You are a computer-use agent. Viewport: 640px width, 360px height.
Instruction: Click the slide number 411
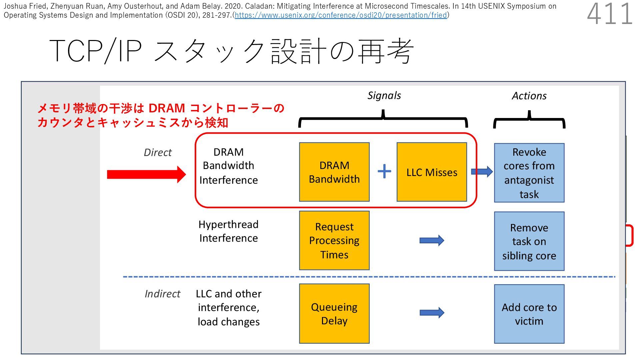pos(610,14)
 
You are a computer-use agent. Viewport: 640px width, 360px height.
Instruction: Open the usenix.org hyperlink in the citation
pos(341,15)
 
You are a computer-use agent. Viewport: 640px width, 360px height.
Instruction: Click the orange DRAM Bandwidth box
pos(334,172)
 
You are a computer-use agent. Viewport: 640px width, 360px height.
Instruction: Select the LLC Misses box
pos(432,172)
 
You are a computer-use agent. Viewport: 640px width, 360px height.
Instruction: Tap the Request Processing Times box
pos(334,240)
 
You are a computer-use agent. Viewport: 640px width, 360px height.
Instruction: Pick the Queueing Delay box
pos(334,313)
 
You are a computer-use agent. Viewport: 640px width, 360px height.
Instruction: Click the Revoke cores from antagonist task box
pos(529,173)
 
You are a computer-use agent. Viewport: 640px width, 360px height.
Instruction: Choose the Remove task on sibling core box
pos(529,241)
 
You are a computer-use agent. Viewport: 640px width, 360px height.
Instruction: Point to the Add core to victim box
pos(529,314)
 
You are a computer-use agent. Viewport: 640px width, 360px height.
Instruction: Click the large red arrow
pos(146,174)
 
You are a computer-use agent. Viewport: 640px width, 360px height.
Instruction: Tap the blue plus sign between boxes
pos(384,171)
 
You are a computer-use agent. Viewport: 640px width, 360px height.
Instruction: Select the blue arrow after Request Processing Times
pos(432,240)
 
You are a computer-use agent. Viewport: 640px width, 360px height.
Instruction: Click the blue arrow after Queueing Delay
pos(432,313)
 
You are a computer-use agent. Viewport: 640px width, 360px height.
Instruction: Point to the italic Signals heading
pos(384,96)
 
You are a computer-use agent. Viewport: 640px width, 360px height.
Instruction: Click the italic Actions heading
pos(529,96)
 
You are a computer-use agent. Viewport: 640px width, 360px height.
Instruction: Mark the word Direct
pos(158,152)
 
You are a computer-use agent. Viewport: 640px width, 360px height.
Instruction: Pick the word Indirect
pos(162,294)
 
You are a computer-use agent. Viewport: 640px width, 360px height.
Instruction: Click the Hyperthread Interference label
pos(228,231)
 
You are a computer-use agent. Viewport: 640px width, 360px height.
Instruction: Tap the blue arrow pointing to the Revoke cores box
pos(482,172)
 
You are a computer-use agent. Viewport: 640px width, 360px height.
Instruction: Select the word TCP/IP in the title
pos(96,51)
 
